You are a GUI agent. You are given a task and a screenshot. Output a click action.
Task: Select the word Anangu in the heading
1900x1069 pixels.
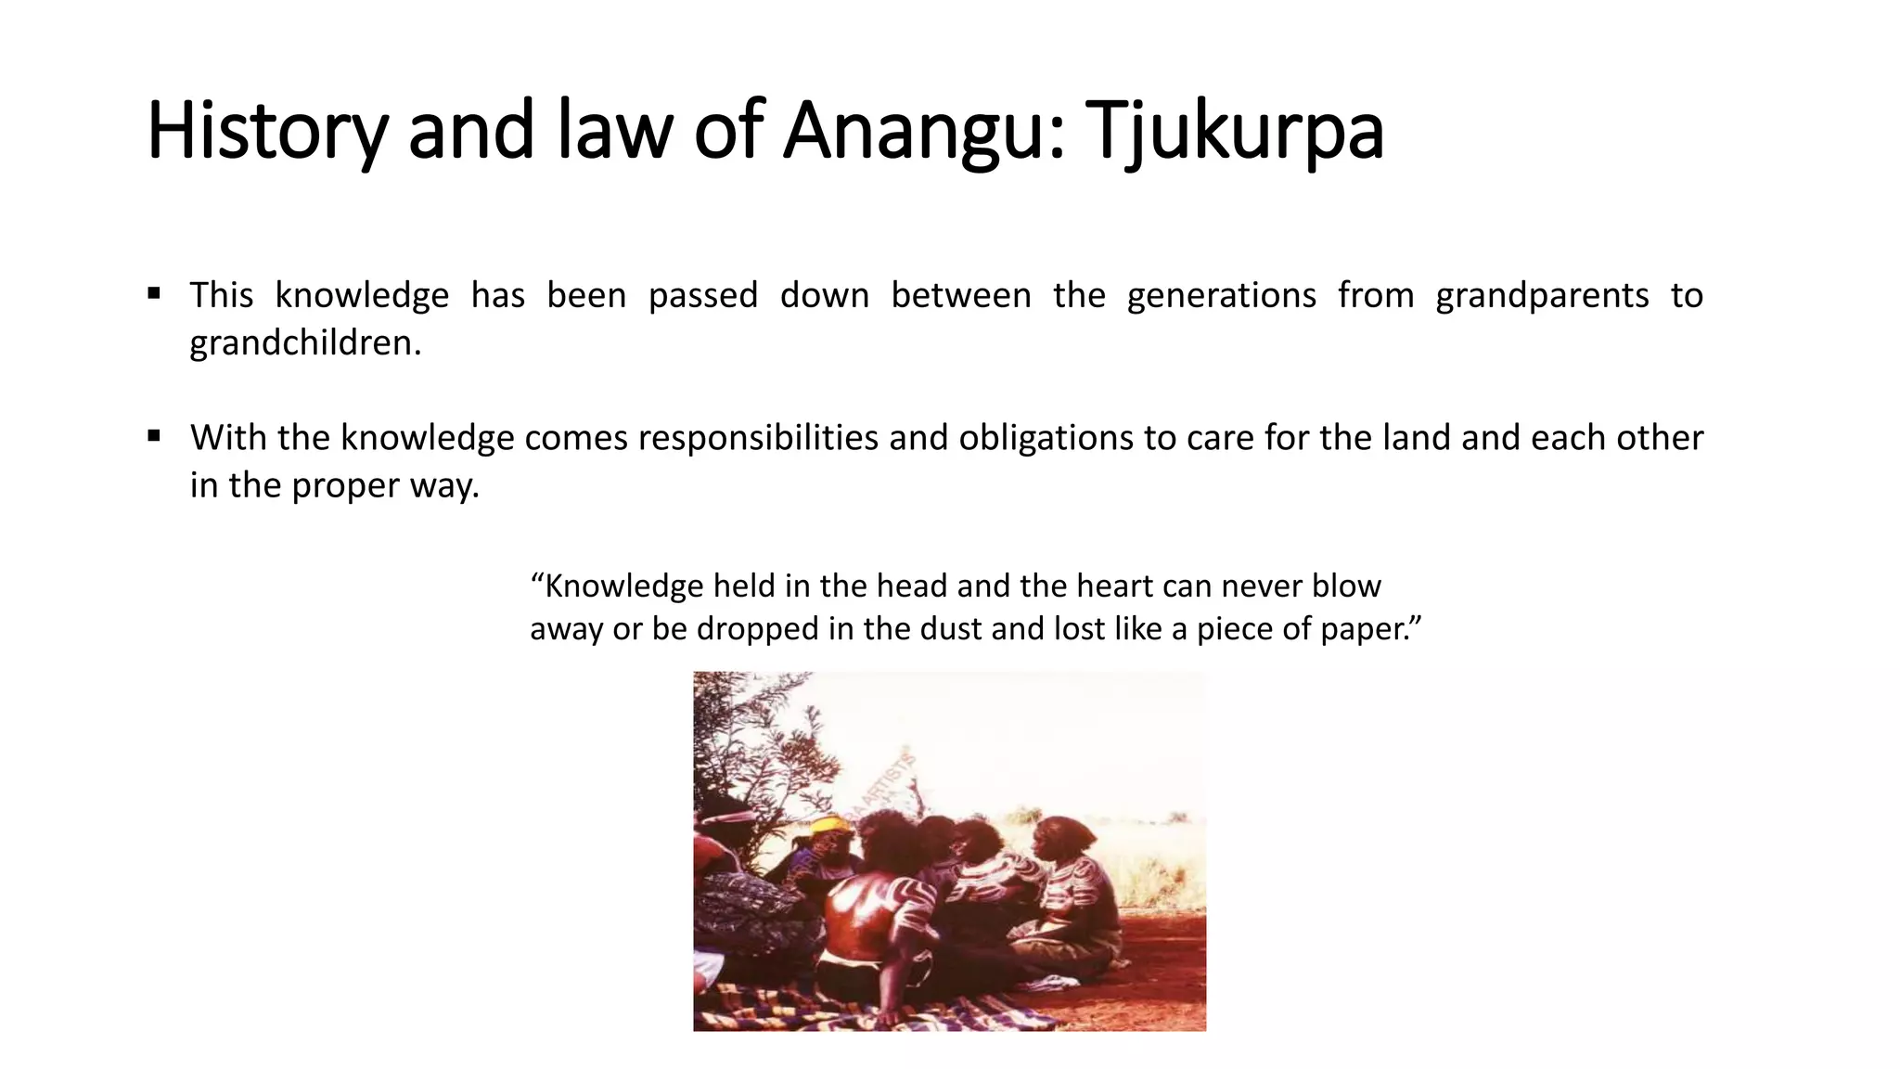pos(918,131)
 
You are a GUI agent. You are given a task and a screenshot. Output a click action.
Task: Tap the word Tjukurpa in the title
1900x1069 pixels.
pos(1233,131)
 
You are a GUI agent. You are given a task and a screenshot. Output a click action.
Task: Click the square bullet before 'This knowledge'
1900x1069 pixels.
pos(154,294)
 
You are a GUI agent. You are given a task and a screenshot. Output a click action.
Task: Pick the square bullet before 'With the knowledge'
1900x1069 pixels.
pos(154,435)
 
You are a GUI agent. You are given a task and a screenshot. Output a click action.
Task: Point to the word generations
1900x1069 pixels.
pos(1221,296)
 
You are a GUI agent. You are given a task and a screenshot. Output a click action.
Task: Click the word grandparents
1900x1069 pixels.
pos(1542,296)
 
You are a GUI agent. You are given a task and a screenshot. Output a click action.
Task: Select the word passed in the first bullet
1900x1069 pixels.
pos(702,296)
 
